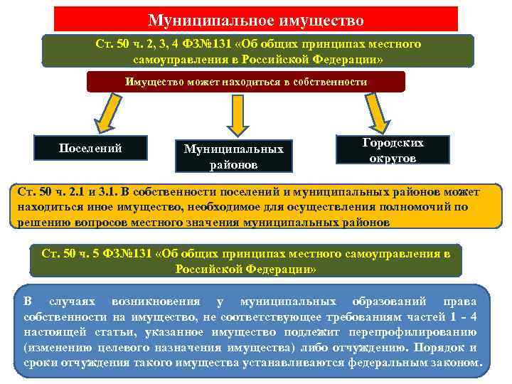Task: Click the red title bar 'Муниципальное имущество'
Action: click(256, 19)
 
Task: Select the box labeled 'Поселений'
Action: click(90, 148)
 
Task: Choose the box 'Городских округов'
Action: click(393, 150)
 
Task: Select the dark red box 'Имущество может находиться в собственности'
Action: click(246, 82)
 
